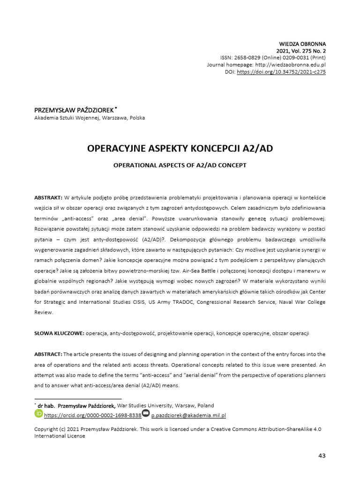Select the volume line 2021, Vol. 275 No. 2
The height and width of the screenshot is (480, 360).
[301, 51]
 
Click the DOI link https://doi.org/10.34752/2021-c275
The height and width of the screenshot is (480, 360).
[281, 72]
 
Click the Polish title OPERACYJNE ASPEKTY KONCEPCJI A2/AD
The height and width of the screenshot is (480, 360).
[180, 149]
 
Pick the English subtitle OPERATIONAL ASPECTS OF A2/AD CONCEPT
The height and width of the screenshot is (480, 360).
[180, 165]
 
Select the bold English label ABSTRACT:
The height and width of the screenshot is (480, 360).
[48, 354]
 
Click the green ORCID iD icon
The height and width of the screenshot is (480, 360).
[38, 413]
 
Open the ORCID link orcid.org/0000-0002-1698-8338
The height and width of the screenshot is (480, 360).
[93, 415]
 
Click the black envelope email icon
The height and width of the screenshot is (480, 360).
[146, 413]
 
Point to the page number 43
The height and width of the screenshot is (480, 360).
[322, 455]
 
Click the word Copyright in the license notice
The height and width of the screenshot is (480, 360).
[47, 429]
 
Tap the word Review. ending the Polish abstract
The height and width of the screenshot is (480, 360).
[44, 312]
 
